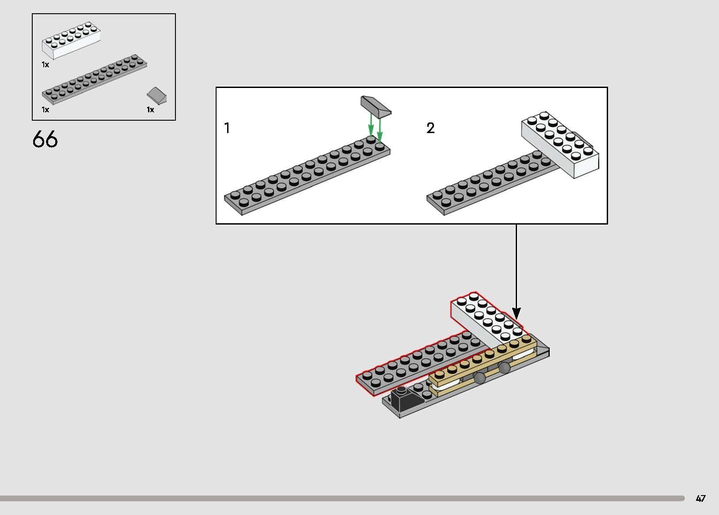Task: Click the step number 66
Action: click(45, 139)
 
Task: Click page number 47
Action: click(701, 499)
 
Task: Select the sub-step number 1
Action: click(227, 128)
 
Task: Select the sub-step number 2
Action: click(430, 128)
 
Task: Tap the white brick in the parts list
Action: click(71, 40)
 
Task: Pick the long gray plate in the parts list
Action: click(95, 79)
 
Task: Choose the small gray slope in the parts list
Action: click(157, 95)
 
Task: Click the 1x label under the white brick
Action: click(45, 65)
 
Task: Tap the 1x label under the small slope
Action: click(150, 110)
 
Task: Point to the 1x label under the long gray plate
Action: click(45, 110)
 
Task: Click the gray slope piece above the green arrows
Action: click(376, 107)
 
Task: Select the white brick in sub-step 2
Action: click(560, 145)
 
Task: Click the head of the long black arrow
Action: click(517, 313)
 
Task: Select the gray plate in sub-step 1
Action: click(307, 175)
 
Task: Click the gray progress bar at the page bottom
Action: click(342, 498)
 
